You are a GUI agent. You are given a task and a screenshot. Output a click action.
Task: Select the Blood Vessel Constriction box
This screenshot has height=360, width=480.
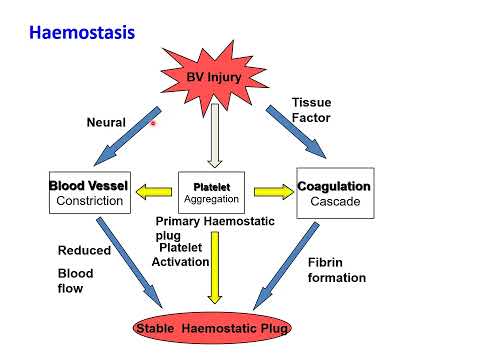point(89,193)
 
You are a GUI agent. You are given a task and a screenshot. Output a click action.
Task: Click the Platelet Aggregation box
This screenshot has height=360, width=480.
point(210,193)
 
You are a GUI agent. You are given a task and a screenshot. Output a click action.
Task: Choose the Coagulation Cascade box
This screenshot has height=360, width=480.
point(334,193)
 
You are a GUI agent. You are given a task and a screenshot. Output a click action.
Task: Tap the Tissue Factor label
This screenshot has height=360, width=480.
point(310,111)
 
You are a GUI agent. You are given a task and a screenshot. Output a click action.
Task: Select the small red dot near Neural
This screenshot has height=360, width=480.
point(153,124)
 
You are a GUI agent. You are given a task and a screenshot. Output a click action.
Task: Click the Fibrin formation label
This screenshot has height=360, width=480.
point(338,269)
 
